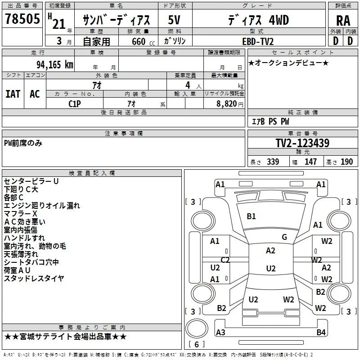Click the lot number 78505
pyautogui.click(x=22, y=18)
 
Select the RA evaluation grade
pyautogui.click(x=343, y=21)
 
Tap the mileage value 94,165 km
pyautogui.click(x=55, y=64)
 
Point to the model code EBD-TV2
pyautogui.click(x=258, y=41)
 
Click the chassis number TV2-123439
pyautogui.click(x=302, y=143)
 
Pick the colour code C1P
pyautogui.click(x=75, y=104)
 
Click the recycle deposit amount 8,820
pyautogui.click(x=227, y=104)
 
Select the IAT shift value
pyautogui.click(x=13, y=94)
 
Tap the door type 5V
pyautogui.click(x=174, y=20)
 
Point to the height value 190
pyautogui.click(x=346, y=162)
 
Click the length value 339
pyautogui.click(x=273, y=162)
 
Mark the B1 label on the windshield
pyautogui.click(x=251, y=216)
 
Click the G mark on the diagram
pyautogui.click(x=284, y=237)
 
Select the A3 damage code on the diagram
pyautogui.click(x=220, y=332)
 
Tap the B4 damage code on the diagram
pyautogui.click(x=321, y=332)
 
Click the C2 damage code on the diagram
pyautogui.click(x=225, y=260)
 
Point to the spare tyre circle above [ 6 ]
pyautogui.click(x=197, y=328)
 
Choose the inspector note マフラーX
pyautogui.click(x=20, y=213)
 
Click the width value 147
pyautogui.click(x=310, y=162)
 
